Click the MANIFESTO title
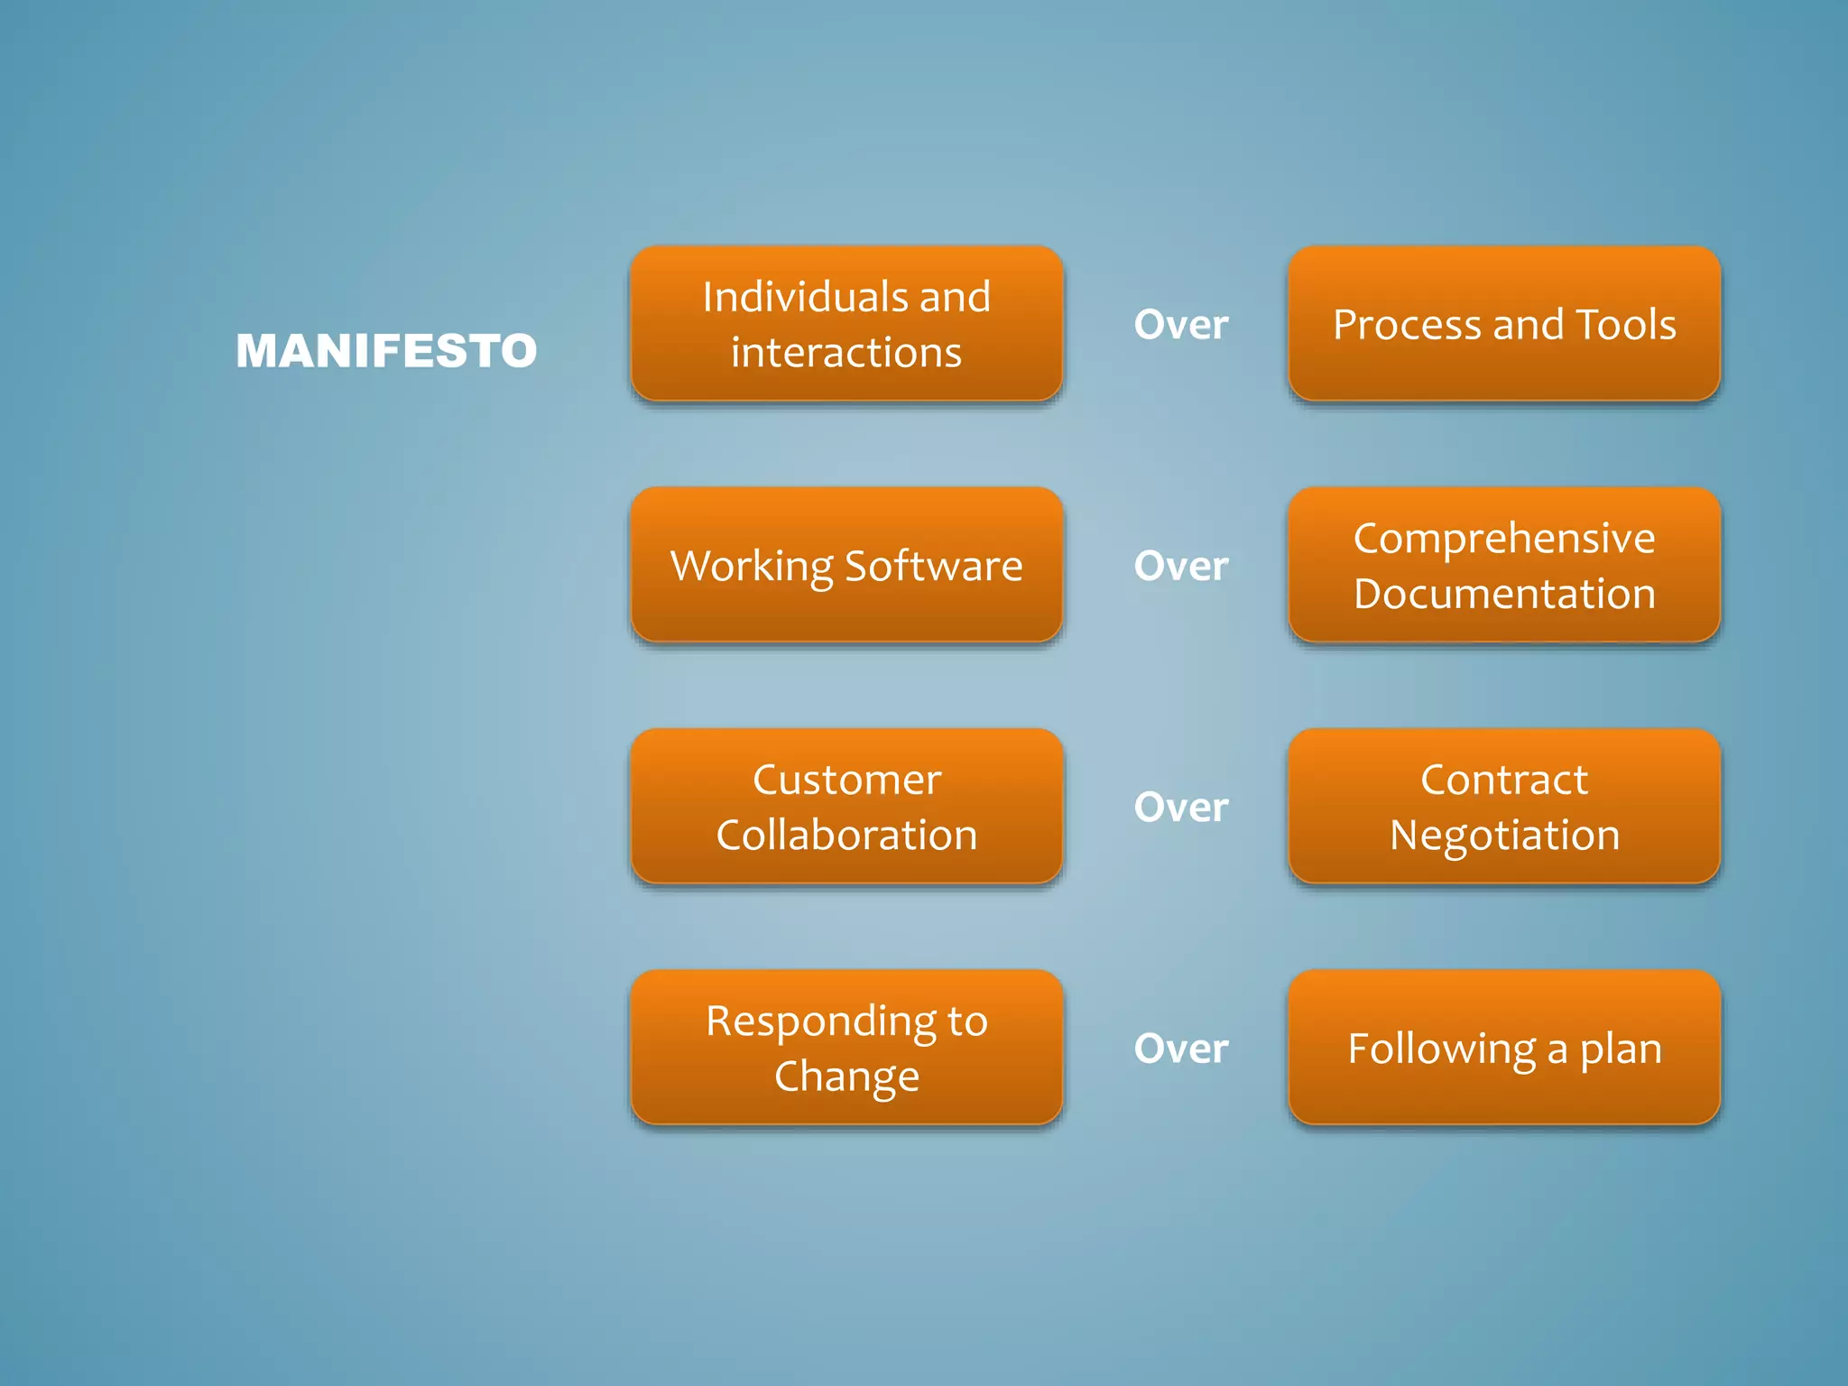(x=386, y=351)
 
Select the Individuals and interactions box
(x=846, y=324)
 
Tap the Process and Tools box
(x=1504, y=324)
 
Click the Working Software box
(x=846, y=566)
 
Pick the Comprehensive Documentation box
(x=1504, y=566)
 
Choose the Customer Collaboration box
(x=846, y=807)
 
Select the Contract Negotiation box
(x=1504, y=807)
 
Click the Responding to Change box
(x=846, y=1048)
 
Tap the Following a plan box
(x=1504, y=1048)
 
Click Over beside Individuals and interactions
(x=1181, y=325)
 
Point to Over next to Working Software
(x=1181, y=566)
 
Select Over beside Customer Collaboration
(x=1181, y=807)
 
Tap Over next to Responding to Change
(x=1181, y=1049)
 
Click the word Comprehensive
(x=1504, y=539)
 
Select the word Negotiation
(x=1504, y=836)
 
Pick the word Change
(x=846, y=1076)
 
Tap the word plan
(x=1621, y=1049)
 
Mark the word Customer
(x=846, y=780)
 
